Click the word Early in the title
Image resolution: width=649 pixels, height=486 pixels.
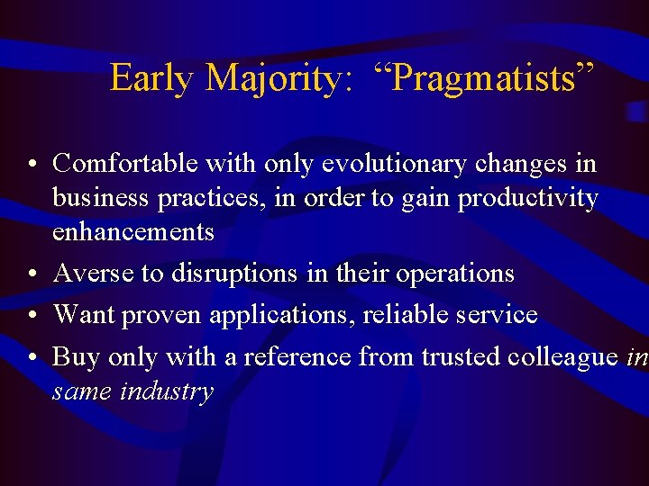tap(151, 78)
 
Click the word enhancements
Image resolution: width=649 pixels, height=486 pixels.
tap(133, 231)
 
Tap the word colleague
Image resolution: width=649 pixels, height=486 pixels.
tap(562, 356)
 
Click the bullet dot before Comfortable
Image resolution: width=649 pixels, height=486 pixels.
tap(32, 165)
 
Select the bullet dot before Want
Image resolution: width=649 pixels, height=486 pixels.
tap(32, 316)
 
